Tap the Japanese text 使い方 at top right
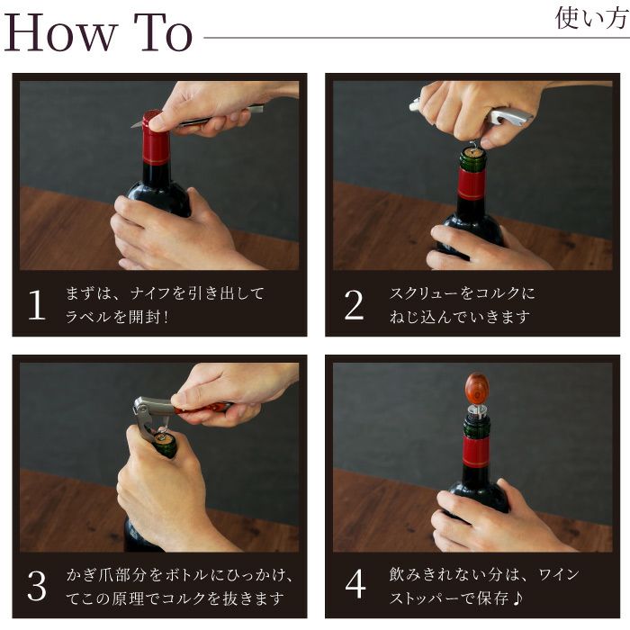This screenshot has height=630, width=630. (589, 18)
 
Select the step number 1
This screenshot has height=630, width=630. (37, 306)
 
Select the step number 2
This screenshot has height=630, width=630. (354, 306)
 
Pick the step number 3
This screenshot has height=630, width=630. (37, 586)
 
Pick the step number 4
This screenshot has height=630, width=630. (355, 586)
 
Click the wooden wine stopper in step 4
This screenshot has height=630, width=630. (477, 389)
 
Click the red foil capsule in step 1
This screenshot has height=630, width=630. (156, 141)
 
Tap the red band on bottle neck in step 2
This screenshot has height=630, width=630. (472, 184)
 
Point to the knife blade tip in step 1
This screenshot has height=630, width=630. (135, 124)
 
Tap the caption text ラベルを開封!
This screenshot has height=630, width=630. (121, 317)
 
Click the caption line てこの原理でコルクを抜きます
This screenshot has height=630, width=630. (175, 598)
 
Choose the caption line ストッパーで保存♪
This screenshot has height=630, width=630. (459, 598)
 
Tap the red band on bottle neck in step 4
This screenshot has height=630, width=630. (476, 452)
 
